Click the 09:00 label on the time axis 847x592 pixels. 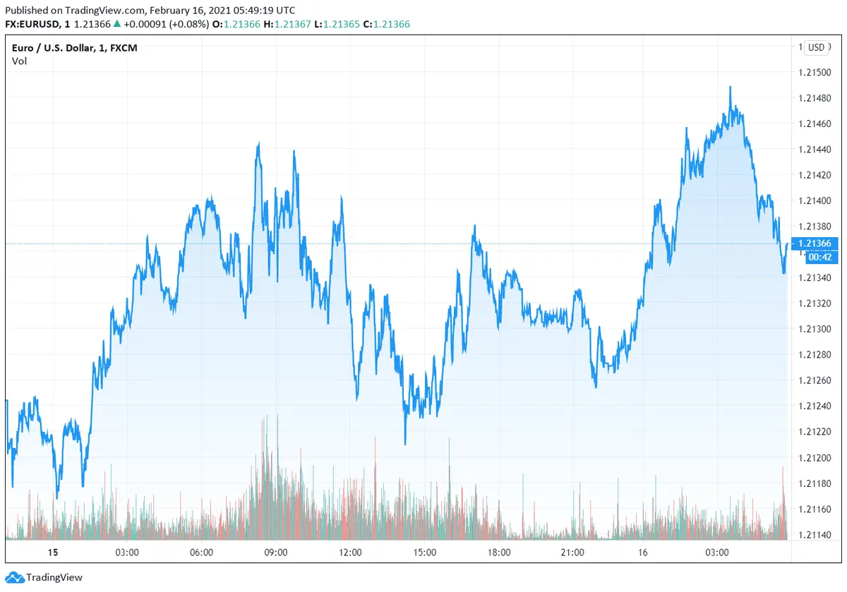click(275, 552)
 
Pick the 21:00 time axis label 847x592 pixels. click(572, 552)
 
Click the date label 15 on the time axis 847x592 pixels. click(52, 552)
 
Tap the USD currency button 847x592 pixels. click(816, 47)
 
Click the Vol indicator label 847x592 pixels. click(19, 61)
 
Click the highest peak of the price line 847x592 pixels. click(730, 87)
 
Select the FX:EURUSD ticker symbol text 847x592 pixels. click(31, 24)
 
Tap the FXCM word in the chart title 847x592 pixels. click(125, 48)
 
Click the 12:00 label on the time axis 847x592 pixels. click(350, 552)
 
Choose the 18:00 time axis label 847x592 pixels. click(498, 552)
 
